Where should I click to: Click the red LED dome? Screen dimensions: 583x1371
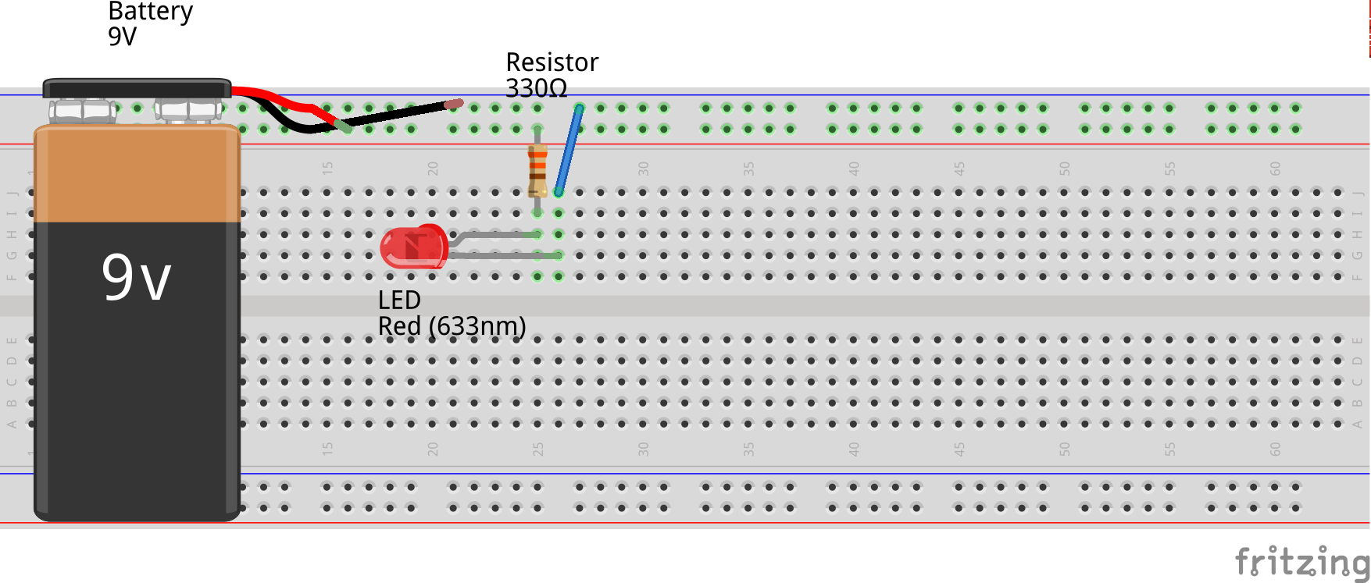412,247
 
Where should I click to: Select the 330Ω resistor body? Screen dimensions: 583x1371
537,171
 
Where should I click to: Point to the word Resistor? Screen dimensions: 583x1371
552,62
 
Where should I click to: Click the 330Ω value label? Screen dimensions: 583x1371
536,88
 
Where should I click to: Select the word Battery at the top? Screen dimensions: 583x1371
150,11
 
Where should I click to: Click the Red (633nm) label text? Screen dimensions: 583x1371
452,326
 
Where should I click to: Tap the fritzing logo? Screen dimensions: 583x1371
1301,561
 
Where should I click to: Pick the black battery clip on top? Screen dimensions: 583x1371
137,87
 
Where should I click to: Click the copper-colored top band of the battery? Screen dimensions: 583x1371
137,176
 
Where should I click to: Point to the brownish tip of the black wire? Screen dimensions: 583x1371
454,104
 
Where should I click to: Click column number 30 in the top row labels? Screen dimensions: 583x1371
643,169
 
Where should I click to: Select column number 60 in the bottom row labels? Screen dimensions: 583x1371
1275,449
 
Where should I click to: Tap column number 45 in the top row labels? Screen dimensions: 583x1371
959,169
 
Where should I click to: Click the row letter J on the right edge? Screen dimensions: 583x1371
1358,193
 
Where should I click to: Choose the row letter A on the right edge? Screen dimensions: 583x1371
1358,425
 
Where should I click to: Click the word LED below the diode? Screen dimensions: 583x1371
399,300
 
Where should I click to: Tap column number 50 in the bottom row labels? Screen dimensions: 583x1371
1064,449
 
